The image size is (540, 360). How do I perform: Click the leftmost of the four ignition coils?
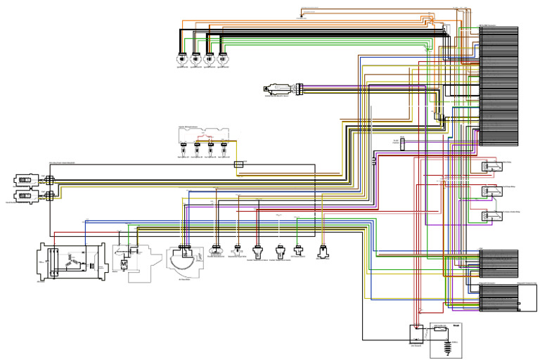[183, 59]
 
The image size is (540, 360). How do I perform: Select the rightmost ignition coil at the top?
[222, 59]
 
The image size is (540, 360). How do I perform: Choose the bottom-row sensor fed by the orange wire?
[323, 251]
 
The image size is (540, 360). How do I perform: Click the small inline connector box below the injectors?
[239, 162]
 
